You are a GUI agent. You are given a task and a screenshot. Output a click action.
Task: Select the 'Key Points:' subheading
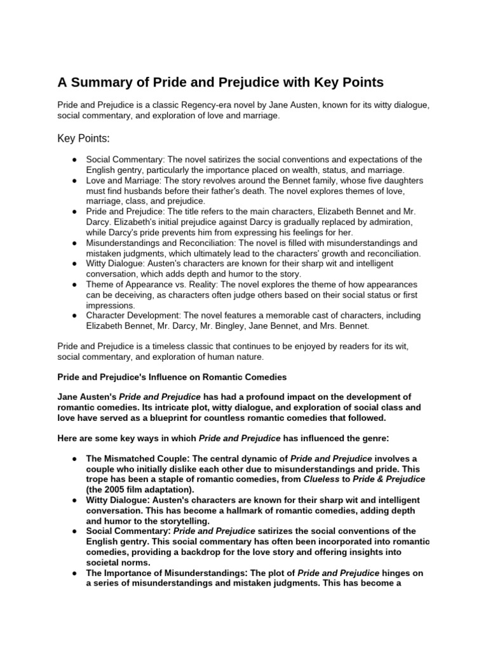[x=83, y=139]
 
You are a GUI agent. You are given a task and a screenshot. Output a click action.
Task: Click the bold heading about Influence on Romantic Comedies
[x=172, y=378]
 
